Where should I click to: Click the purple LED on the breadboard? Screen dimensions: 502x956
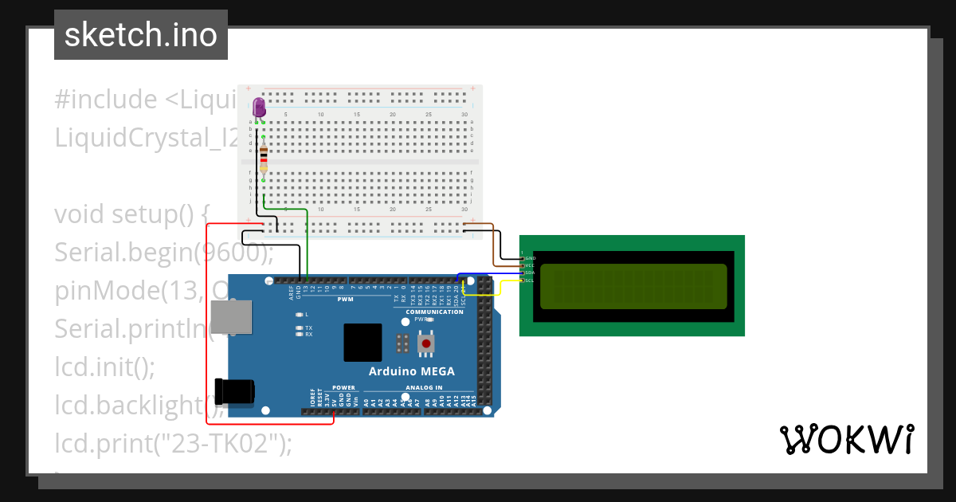click(259, 108)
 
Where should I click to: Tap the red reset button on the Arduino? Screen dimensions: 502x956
click(427, 343)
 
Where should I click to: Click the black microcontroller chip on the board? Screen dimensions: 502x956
click(362, 343)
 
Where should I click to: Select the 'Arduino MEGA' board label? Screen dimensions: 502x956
click(412, 371)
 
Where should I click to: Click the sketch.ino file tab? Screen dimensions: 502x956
click(141, 35)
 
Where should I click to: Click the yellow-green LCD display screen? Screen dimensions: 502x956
click(633, 287)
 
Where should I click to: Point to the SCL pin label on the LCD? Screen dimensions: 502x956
click(529, 280)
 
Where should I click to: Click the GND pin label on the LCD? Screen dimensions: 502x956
click(530, 258)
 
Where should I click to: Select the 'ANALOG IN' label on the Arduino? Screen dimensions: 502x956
click(424, 388)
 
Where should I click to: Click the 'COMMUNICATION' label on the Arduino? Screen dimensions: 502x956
click(434, 312)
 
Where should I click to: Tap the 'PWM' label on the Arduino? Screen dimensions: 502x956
click(345, 300)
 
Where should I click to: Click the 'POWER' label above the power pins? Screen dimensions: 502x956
click(343, 388)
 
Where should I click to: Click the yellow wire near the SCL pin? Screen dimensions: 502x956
click(482, 294)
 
